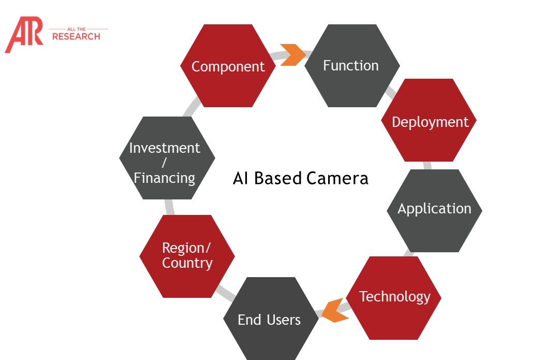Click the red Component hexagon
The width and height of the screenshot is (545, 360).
coord(228,66)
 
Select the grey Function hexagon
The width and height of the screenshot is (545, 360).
coord(352,66)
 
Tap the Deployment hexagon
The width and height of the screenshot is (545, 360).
coord(429,120)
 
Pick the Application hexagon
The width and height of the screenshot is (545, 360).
coord(434,211)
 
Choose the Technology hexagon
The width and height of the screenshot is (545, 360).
coord(394,298)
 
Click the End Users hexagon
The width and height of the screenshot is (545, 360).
coord(271,319)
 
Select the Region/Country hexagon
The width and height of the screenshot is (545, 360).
coord(187,256)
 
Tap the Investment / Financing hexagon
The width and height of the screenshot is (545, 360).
coord(167,158)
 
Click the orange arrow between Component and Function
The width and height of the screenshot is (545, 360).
coord(293,54)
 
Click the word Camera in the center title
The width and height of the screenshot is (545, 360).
coord(337,178)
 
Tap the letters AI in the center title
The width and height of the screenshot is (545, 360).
coord(240,178)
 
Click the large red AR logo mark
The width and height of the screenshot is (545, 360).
coord(24,34)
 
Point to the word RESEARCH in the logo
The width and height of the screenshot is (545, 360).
coord(76,37)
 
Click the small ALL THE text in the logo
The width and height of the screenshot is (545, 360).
coord(77,29)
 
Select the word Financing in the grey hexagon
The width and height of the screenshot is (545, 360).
coord(165,178)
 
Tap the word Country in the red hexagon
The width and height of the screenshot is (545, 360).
coord(187,263)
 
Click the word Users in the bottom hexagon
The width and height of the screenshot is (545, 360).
coord(284,320)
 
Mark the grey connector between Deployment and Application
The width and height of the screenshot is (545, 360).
coord(428,166)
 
